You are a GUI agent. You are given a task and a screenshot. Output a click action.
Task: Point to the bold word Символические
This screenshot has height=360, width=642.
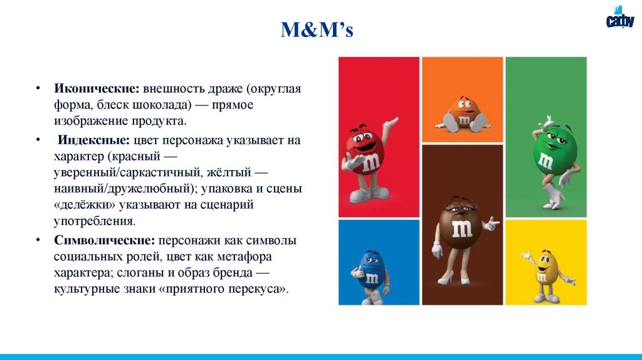[x=104, y=241]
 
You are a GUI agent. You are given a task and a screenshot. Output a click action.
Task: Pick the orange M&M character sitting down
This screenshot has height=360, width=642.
[x=463, y=114]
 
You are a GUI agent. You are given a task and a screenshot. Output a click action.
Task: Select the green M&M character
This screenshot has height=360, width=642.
[x=547, y=160]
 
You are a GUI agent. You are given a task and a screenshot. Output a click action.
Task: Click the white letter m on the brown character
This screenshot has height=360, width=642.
[x=462, y=229]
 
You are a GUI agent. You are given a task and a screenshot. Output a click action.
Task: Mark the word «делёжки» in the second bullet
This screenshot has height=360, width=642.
[x=82, y=205]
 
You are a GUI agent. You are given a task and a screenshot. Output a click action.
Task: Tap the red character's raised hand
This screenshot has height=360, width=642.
[x=392, y=120]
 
